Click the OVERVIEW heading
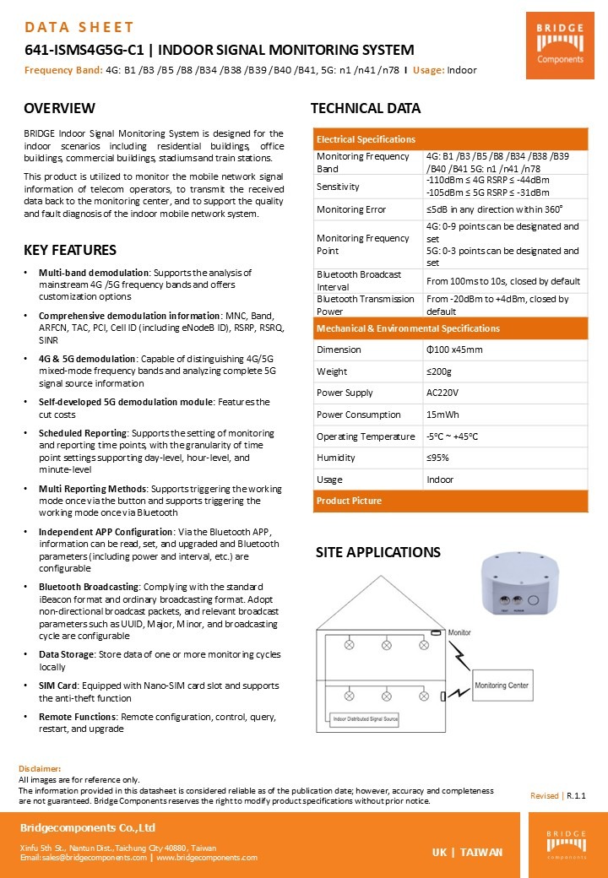(x=59, y=108)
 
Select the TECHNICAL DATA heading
(x=366, y=108)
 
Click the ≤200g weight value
(x=439, y=371)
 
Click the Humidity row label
(x=337, y=458)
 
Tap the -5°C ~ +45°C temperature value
(x=453, y=436)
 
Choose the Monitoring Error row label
(x=351, y=209)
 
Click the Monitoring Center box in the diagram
(x=502, y=685)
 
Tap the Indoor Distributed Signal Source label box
(x=361, y=719)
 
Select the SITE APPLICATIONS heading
(x=377, y=552)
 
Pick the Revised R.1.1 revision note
(x=557, y=796)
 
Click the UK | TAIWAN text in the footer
(x=467, y=852)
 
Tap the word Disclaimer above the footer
(x=40, y=769)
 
